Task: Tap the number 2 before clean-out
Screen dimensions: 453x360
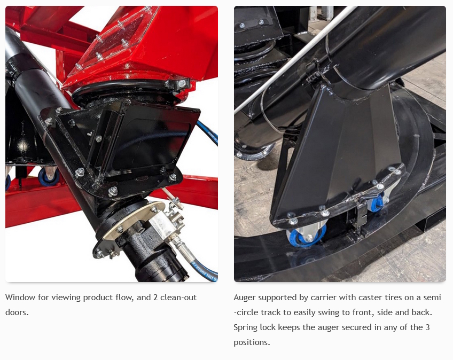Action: (x=155, y=298)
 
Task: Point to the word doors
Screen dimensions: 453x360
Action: (x=17, y=312)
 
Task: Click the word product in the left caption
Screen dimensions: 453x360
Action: (x=97, y=298)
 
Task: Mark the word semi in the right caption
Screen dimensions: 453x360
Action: (x=432, y=298)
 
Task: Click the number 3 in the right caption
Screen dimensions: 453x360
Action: (x=427, y=327)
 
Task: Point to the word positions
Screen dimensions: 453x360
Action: (x=252, y=343)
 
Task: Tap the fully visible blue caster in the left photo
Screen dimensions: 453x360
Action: (x=49, y=177)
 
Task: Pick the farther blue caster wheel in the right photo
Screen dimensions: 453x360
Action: (x=377, y=202)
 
